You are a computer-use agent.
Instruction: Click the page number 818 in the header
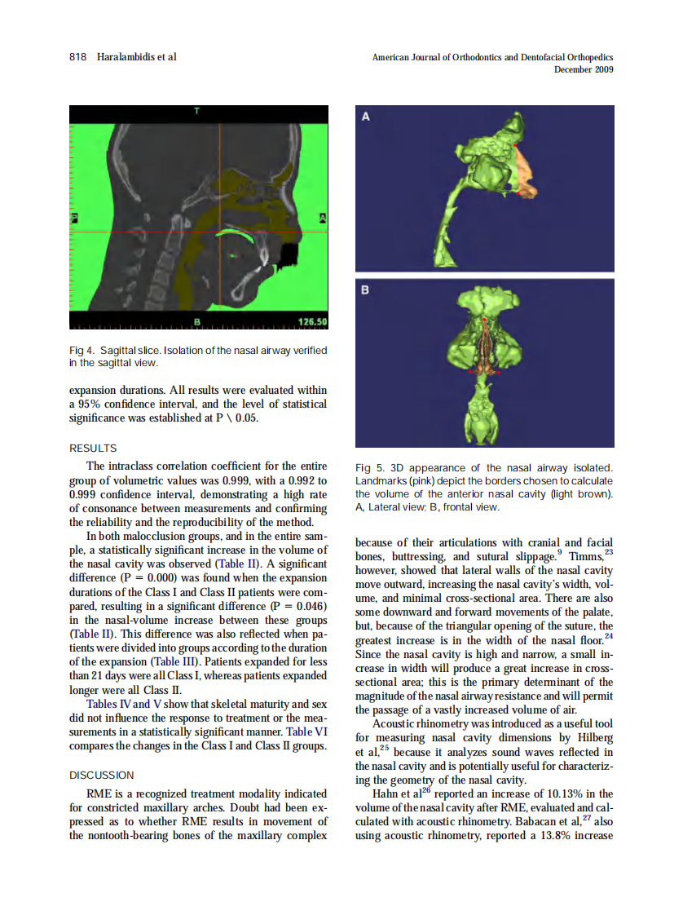[77, 57]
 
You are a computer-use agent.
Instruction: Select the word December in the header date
[573, 70]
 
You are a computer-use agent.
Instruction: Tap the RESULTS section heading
[93, 448]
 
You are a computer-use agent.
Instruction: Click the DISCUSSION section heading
[102, 775]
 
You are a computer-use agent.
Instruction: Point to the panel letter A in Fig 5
[366, 117]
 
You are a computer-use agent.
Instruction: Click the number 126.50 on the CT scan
[312, 322]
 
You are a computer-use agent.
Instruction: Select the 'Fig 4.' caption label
[82, 350]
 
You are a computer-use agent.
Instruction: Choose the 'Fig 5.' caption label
[370, 468]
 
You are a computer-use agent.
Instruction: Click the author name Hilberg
[593, 738]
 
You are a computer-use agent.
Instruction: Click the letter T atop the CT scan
[196, 111]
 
